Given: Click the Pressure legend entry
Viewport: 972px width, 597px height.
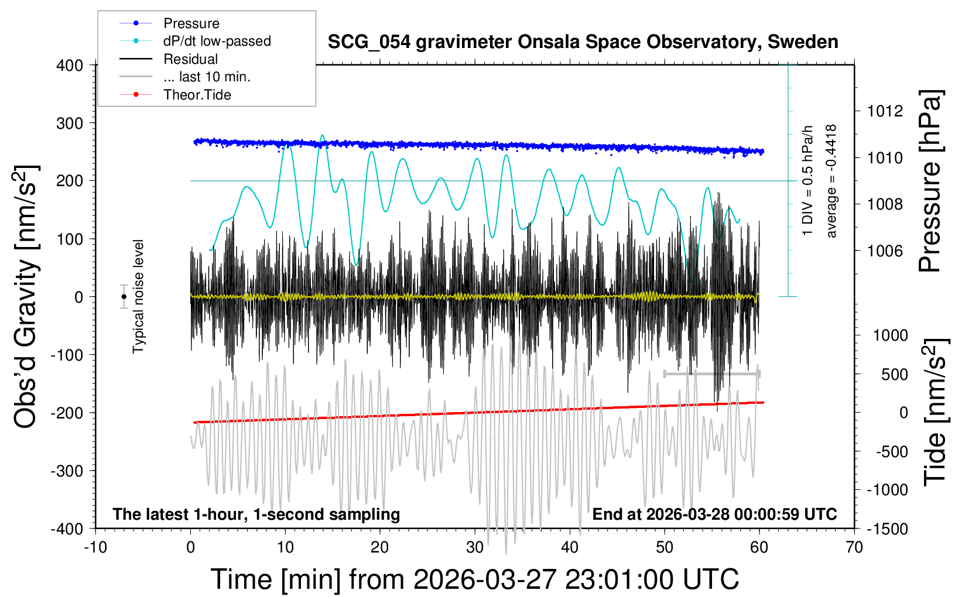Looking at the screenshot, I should pyautogui.click(x=191, y=23).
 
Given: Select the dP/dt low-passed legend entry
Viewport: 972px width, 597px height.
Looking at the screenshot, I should pyautogui.click(x=217, y=41).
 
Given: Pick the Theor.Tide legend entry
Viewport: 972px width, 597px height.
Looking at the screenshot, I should pyautogui.click(x=197, y=95).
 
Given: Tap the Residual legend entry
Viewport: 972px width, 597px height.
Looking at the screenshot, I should pyautogui.click(x=190, y=59).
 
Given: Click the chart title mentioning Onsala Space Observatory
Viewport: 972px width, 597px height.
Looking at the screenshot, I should pyautogui.click(x=583, y=42).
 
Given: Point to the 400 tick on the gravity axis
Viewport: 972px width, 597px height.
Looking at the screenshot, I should pyautogui.click(x=70, y=66).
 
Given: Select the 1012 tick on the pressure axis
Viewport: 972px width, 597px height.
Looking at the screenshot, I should pyautogui.click(x=885, y=111).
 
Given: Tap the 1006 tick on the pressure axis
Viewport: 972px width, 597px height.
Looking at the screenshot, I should pyautogui.click(x=885, y=251).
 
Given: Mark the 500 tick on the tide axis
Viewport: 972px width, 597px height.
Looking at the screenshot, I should pyautogui.click(x=894, y=375).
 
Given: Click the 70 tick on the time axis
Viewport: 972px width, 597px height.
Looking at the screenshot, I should pyautogui.click(x=854, y=548).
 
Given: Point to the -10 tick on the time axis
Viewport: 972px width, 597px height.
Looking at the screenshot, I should pyautogui.click(x=95, y=548).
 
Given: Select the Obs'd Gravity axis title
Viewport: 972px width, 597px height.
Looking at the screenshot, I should pyautogui.click(x=27, y=297).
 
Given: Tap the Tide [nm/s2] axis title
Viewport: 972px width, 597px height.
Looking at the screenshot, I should pyautogui.click(x=935, y=412).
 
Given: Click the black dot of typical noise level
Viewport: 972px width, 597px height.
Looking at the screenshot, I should pyautogui.click(x=124, y=297).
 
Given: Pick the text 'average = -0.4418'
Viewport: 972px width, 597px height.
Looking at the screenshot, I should pyautogui.click(x=831, y=181).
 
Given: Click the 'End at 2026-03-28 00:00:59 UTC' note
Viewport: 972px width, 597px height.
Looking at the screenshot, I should pyautogui.click(x=714, y=514).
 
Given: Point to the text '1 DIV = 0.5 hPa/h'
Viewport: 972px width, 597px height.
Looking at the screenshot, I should pyautogui.click(x=808, y=181).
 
